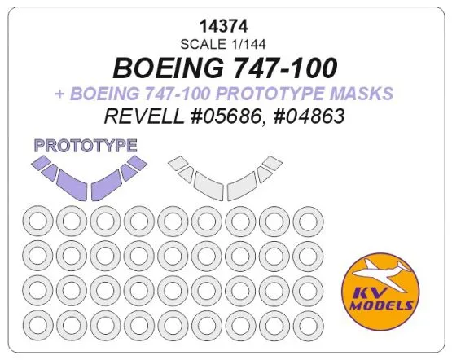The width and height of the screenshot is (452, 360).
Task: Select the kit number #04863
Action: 307,117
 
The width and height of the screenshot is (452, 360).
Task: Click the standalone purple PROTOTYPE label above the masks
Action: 85,147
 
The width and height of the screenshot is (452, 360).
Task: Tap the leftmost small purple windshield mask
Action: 40,163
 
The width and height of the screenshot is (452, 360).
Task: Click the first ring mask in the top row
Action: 37,221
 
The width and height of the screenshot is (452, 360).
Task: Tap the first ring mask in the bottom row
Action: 37,324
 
